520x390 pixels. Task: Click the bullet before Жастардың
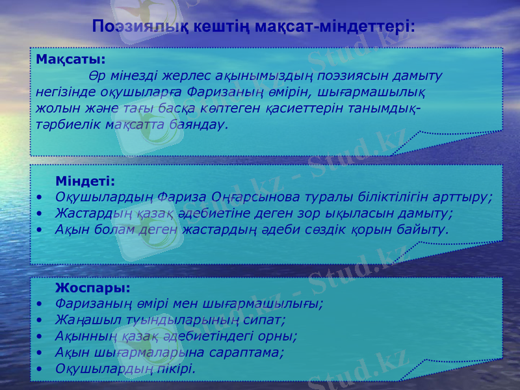(41, 213)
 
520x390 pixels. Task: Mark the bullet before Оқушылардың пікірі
(41, 369)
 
